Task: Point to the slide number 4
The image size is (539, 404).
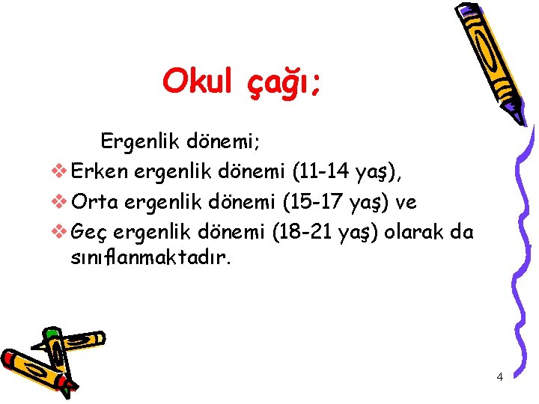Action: (499, 376)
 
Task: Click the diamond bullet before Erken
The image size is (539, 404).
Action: (61, 173)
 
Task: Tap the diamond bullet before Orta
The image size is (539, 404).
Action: (61, 203)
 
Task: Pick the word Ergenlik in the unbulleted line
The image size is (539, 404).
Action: (135, 141)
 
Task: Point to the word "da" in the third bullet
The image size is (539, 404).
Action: (462, 232)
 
